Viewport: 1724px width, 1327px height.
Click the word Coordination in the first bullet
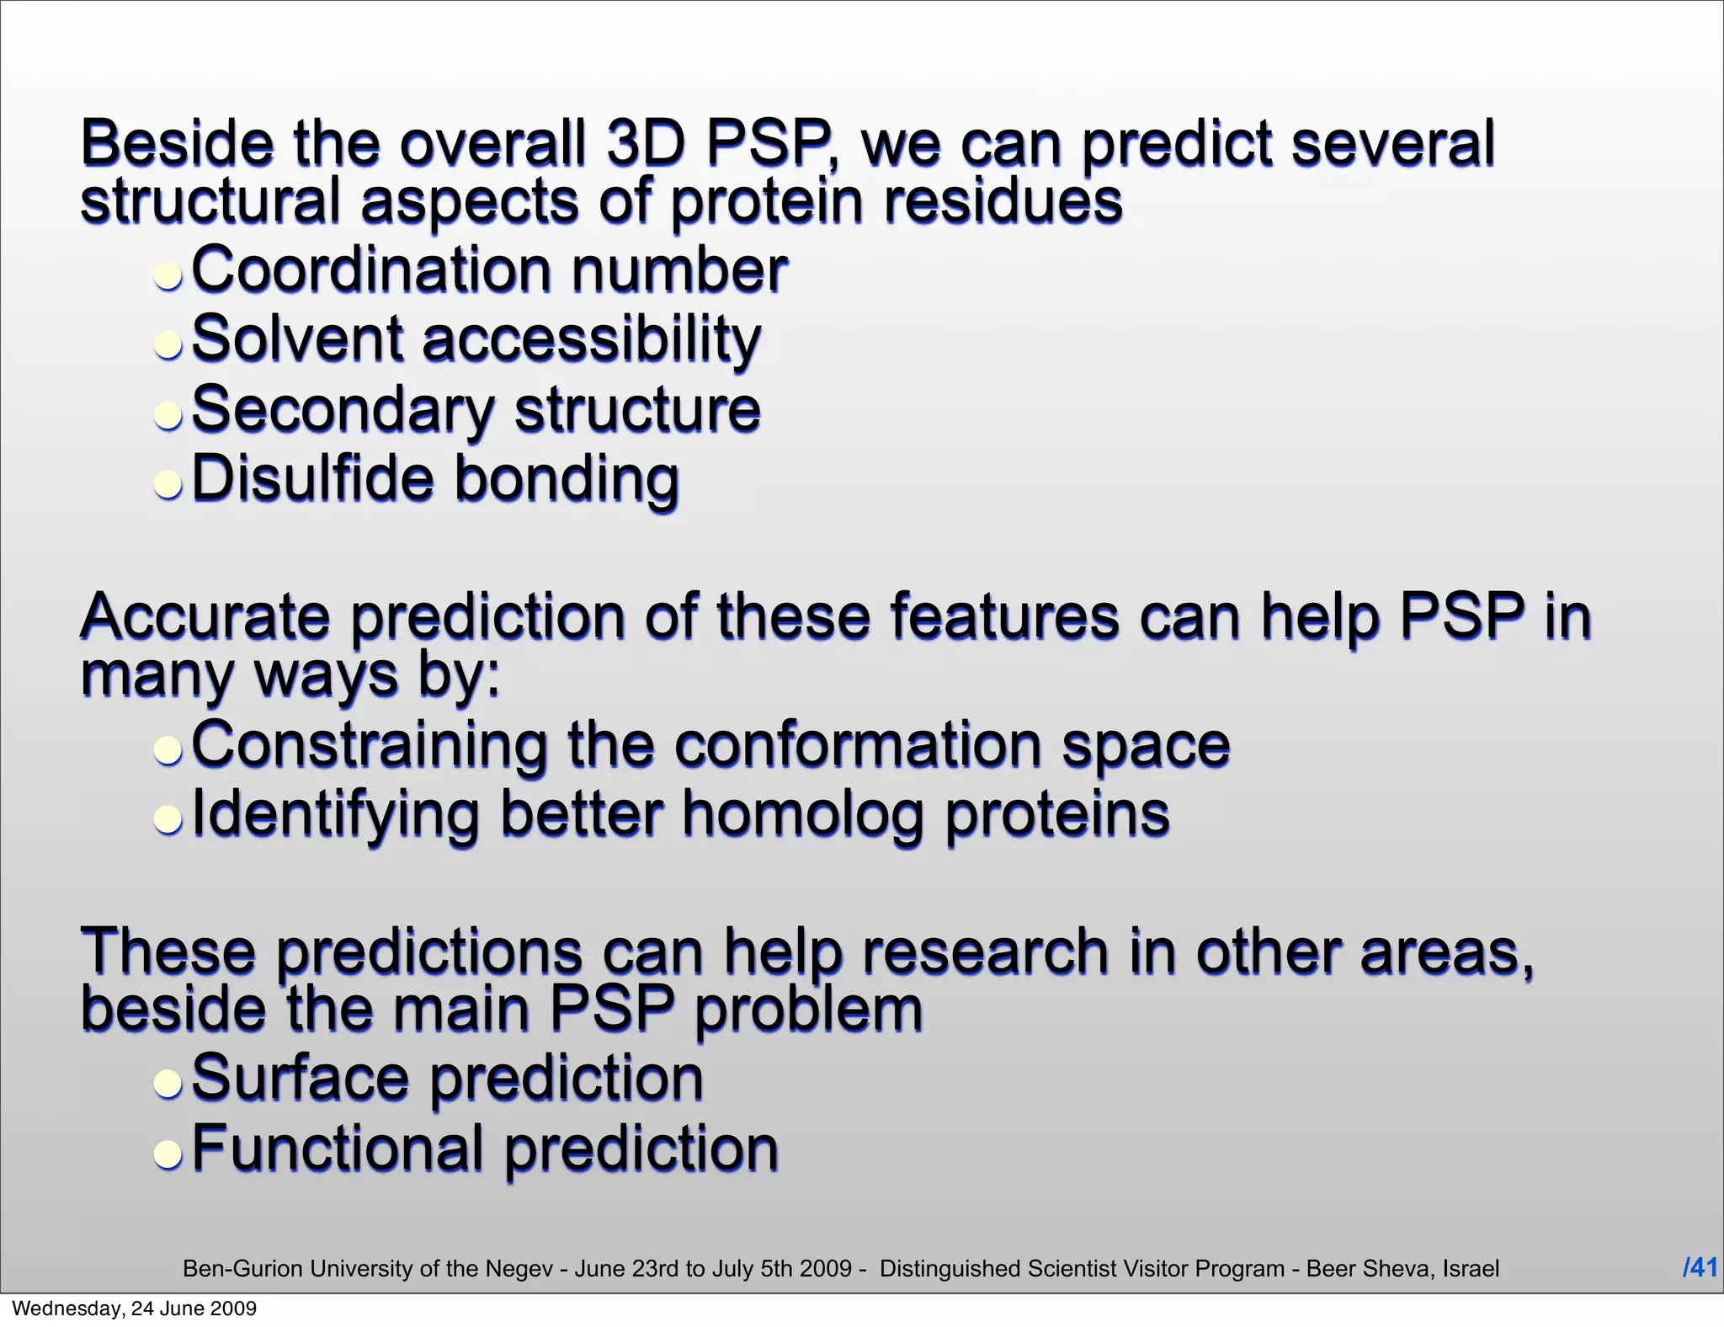(x=370, y=270)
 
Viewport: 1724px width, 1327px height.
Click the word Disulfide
(x=312, y=478)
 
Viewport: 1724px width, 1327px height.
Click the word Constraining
(x=369, y=745)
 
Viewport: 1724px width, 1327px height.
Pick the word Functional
(x=338, y=1148)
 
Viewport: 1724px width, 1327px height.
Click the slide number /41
(x=1699, y=1267)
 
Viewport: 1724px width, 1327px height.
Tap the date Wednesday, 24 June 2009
(x=135, y=1308)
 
